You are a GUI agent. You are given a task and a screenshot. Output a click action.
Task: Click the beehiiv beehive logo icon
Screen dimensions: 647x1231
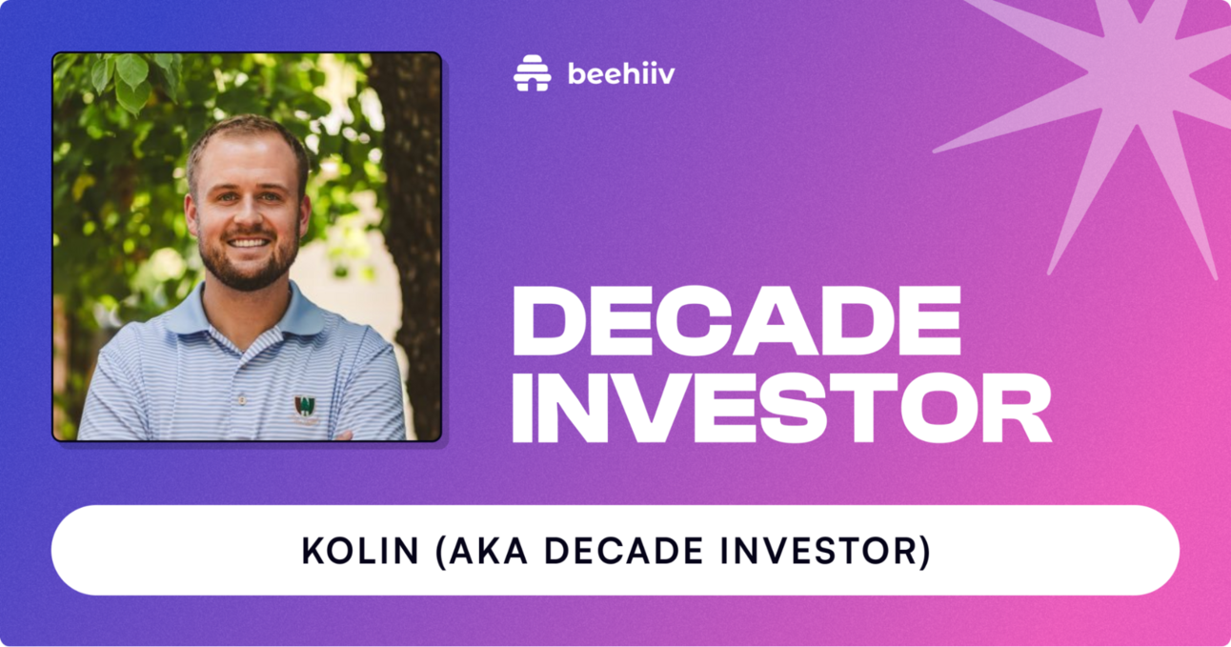pyautogui.click(x=533, y=73)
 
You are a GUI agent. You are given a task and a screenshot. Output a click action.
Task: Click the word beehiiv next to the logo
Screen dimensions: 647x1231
pyautogui.click(x=620, y=74)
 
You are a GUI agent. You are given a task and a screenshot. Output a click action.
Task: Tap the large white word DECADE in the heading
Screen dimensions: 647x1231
pyautogui.click(x=736, y=321)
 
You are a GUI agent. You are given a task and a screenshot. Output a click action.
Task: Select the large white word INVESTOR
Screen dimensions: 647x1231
pyautogui.click(x=780, y=408)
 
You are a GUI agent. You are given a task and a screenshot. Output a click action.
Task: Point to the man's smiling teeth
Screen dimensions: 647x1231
pyautogui.click(x=249, y=243)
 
